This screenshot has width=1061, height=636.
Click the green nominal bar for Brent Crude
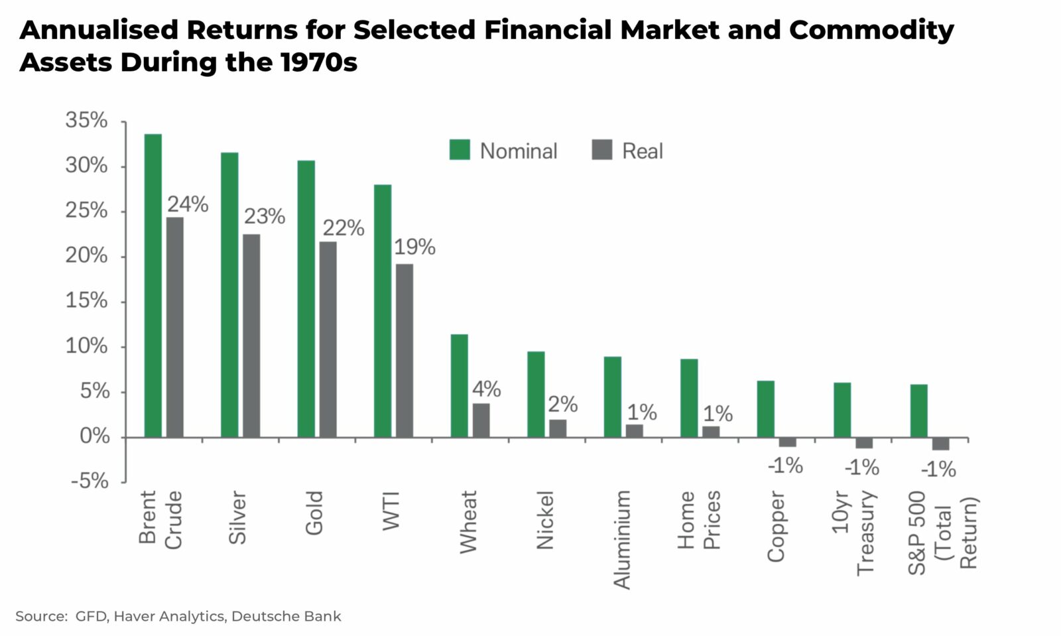153,285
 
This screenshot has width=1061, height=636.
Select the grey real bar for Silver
251,335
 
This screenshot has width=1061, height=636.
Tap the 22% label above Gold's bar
343,228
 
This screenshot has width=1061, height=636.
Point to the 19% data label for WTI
414,247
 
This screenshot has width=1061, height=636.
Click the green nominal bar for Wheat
459,385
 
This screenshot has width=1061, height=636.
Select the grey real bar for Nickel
558,428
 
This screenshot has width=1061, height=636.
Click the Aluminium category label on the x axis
622,539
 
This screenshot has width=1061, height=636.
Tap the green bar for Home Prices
689,398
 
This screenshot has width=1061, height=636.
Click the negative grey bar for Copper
787,442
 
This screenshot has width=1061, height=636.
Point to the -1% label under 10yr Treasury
861,468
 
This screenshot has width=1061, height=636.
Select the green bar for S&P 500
918,411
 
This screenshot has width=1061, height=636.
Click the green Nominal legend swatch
460,150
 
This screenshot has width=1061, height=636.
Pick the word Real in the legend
642,151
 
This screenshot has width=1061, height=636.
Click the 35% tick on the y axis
86,121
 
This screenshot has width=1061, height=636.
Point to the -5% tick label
90,481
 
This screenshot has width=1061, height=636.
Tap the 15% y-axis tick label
86,301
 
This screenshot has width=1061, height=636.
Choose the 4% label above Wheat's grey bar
486,389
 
